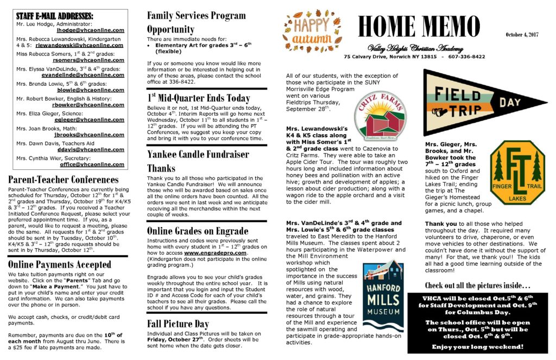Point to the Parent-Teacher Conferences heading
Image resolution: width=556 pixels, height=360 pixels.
pyautogui.click(x=64, y=179)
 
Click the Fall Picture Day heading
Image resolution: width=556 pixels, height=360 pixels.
pyautogui.click(x=178, y=324)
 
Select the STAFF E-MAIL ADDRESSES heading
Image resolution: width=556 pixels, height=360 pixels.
pyautogui.click(x=54, y=16)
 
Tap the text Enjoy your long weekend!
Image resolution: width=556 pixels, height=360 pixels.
pyautogui.click(x=478, y=346)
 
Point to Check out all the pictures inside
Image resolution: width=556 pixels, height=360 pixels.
pyautogui.click(x=477, y=285)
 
